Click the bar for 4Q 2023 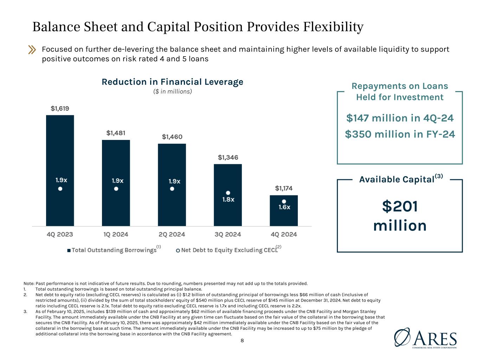(60, 171)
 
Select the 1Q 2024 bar (116, 183)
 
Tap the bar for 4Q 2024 (284, 211)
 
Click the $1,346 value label (228, 157)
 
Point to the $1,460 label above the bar (172, 137)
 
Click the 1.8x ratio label (228, 199)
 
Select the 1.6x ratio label (284, 207)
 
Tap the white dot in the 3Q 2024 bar (228, 193)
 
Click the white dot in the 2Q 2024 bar (172, 189)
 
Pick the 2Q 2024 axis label (172, 234)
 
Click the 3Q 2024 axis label (228, 234)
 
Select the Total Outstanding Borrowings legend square (69, 251)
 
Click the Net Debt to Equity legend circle (178, 251)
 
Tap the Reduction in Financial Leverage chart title (172, 82)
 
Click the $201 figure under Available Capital (400, 206)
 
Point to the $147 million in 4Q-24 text (400, 118)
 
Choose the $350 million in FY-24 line (400, 134)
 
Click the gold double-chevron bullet (32, 50)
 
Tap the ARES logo (425, 338)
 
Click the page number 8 (242, 340)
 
